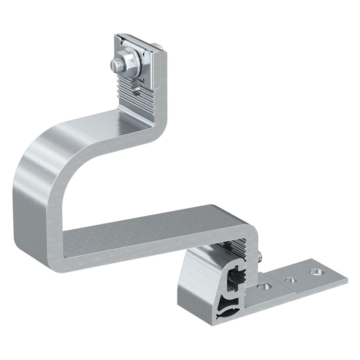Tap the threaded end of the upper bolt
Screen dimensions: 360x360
pos(116,66)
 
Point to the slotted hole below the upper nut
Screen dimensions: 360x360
pos(136,86)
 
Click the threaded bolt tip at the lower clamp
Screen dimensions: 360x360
pos(260,256)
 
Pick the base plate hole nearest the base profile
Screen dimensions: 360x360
pos(265,287)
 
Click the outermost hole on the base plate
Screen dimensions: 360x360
pos(316,272)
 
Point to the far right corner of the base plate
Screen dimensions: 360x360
pos(347,279)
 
